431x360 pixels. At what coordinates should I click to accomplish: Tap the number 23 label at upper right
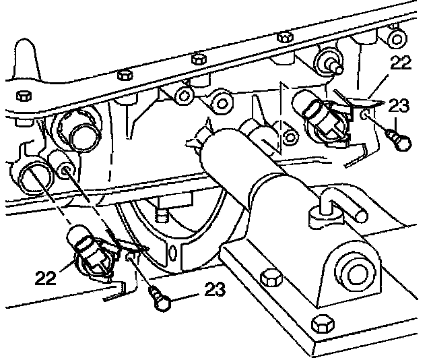(x=399, y=105)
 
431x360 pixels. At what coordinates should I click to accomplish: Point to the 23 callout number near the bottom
(x=213, y=291)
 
